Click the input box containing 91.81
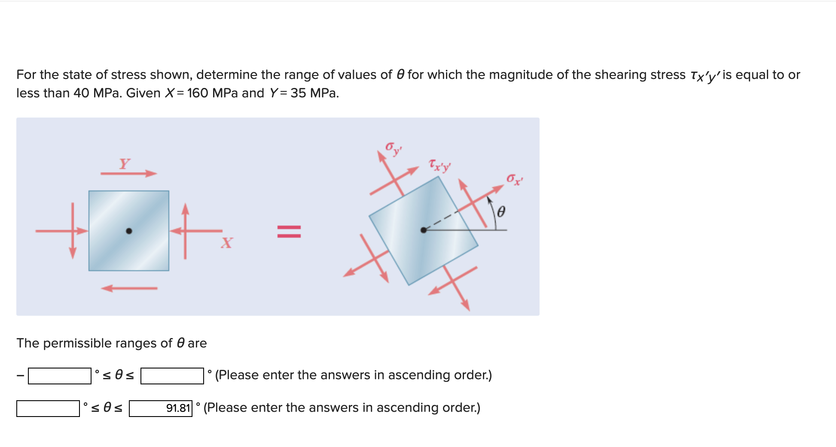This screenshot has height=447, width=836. (161, 408)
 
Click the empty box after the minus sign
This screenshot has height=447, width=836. (60, 376)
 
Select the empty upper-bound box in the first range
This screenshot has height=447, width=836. (172, 376)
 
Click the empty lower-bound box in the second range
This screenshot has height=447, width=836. (48, 408)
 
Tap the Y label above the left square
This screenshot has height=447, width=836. (125, 163)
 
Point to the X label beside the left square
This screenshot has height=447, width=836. (227, 243)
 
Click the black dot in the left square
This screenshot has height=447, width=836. (129, 231)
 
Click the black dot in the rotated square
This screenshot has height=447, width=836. (424, 230)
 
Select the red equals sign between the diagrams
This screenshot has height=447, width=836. (289, 231)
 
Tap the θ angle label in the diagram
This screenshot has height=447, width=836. (500, 211)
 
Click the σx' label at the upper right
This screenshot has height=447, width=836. (514, 179)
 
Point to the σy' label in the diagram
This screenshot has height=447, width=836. (393, 148)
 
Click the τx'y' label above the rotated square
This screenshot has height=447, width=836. (439, 165)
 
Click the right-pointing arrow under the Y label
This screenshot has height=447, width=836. (129, 173)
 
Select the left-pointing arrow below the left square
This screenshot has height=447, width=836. (129, 288)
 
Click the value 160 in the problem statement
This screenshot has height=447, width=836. (198, 93)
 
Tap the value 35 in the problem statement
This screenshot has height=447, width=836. (298, 93)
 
